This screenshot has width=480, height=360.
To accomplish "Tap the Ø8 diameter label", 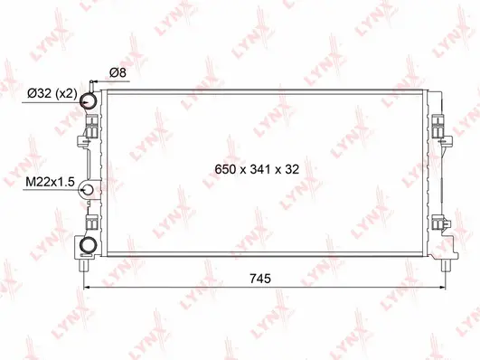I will coord(117,72).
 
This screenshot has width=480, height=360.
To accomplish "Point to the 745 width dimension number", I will coord(260,279).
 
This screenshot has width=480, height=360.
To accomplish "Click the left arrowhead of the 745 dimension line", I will coord(87,289).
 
